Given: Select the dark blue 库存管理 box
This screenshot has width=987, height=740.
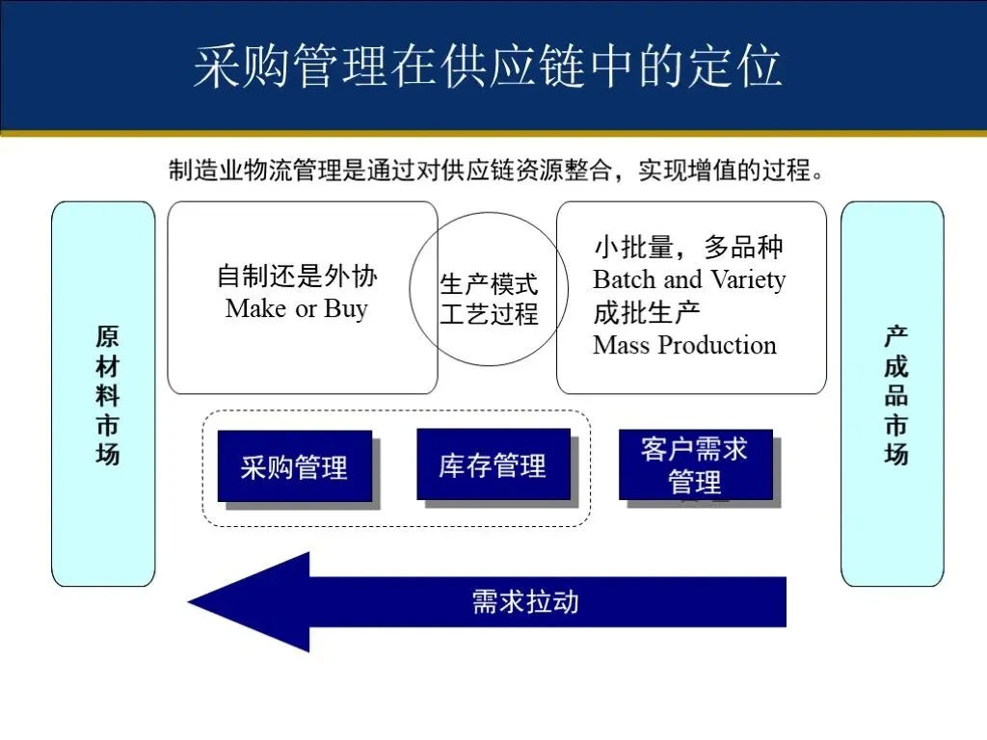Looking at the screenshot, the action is click(x=493, y=464).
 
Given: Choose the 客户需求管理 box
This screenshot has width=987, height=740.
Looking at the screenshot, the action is click(x=695, y=464).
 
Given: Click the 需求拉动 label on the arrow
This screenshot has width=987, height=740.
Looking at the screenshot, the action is click(x=525, y=602).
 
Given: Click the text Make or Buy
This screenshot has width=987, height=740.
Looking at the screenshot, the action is click(x=297, y=308).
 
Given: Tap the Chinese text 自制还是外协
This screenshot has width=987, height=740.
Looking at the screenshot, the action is click(x=297, y=277).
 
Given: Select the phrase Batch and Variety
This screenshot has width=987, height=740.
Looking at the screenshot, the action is click(x=689, y=280).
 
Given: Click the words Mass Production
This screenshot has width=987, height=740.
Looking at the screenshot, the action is click(x=684, y=345).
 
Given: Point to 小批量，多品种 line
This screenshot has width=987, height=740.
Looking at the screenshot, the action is click(x=688, y=248).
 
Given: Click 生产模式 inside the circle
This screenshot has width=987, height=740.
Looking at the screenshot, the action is click(x=490, y=285).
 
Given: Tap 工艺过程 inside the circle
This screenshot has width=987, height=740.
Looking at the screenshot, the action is click(x=490, y=314).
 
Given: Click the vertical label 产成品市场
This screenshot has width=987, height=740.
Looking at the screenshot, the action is click(x=895, y=395).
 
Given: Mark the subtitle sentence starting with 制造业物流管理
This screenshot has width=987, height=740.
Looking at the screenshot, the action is click(x=497, y=172).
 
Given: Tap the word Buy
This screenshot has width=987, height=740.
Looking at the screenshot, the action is click(x=346, y=308).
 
